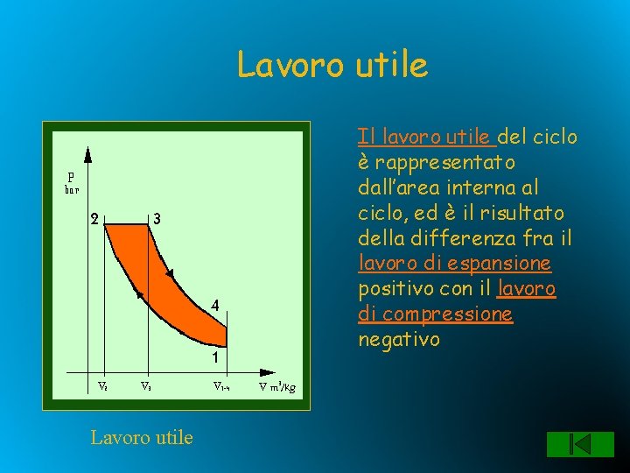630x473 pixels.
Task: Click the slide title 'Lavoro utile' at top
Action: [332, 64]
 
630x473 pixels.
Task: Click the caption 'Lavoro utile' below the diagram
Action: [142, 436]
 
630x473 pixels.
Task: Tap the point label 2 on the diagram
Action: [94, 219]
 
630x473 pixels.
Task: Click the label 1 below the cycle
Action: [213, 357]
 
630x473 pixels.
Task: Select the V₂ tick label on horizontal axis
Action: [102, 385]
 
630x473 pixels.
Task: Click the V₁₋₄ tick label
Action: [222, 386]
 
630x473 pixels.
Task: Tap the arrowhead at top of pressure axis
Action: [87, 154]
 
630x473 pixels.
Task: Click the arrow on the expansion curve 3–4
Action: [171, 274]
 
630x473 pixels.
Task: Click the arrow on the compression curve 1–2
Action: [140, 295]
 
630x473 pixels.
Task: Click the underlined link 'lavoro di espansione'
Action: [455, 263]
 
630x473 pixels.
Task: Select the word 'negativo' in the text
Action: [399, 339]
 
